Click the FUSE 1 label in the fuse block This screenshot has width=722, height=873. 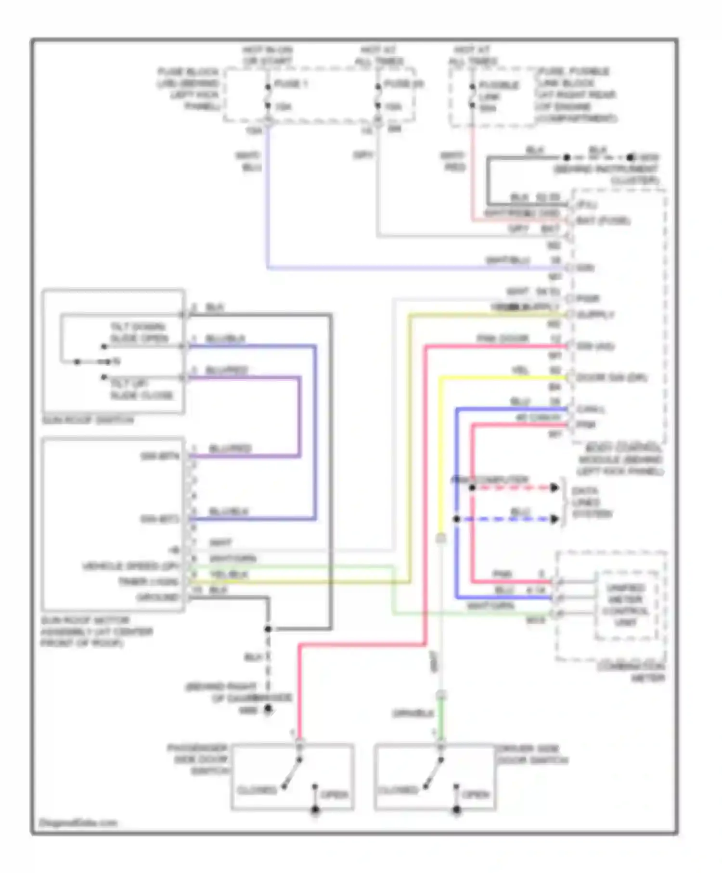pyautogui.click(x=291, y=84)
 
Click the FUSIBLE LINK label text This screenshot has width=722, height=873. pyautogui.click(x=498, y=96)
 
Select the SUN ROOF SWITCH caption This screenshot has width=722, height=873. pyautogui.click(x=88, y=420)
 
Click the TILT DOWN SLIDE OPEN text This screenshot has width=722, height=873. pyautogui.click(x=139, y=333)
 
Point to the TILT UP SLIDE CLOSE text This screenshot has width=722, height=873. pyautogui.click(x=141, y=389)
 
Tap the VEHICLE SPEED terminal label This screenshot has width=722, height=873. pyautogui.click(x=130, y=566)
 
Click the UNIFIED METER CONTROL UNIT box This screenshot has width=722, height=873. pyautogui.click(x=625, y=605)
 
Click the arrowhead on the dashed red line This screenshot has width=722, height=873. pyautogui.click(x=554, y=488)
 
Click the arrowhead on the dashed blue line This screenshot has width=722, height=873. pyautogui.click(x=554, y=519)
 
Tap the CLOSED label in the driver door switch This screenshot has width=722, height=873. pyautogui.click(x=398, y=790)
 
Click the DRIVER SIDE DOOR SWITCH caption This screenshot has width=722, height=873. pyautogui.click(x=531, y=755)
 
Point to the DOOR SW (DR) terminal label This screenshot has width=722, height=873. pyautogui.click(x=611, y=377)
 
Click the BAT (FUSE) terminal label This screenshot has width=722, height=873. pyautogui.click(x=603, y=221)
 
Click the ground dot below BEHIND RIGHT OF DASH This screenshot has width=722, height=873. pyautogui.click(x=268, y=709)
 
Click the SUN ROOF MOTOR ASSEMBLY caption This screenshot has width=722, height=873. pyautogui.click(x=96, y=631)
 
